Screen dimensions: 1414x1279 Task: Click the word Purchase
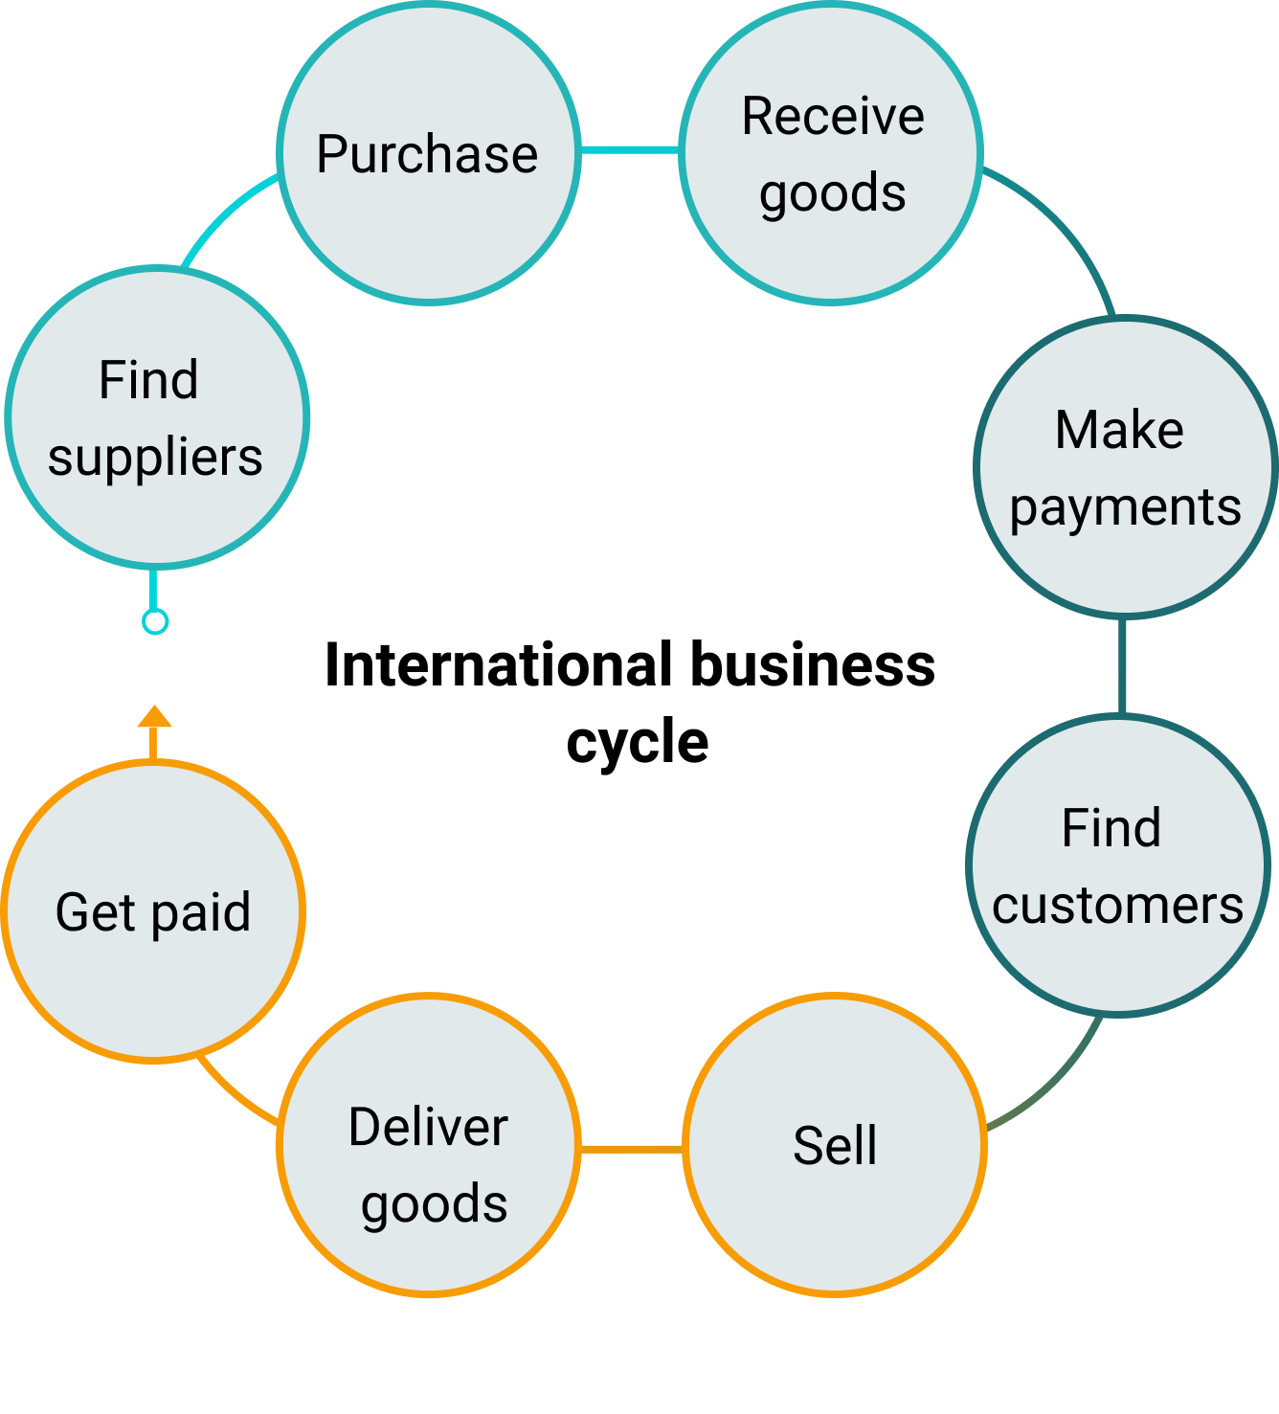pyautogui.click(x=427, y=155)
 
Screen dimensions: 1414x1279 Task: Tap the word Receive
pyautogui.click(x=833, y=117)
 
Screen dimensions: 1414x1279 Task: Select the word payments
pyautogui.click(x=1125, y=507)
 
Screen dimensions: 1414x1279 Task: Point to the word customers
pyautogui.click(x=1117, y=906)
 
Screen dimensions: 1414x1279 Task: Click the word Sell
pyautogui.click(x=835, y=1146)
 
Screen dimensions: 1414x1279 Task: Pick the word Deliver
pyautogui.click(x=428, y=1127)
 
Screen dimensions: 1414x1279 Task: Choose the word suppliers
pyautogui.click(x=155, y=458)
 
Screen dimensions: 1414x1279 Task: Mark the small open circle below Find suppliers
pyautogui.click(x=155, y=622)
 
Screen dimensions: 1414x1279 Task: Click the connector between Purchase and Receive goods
pyautogui.click(x=630, y=150)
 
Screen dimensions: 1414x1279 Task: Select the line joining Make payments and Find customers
pyautogui.click(x=1122, y=666)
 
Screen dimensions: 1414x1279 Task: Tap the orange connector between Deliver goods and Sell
pyautogui.click(x=632, y=1148)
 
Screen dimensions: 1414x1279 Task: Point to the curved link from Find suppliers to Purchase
pyautogui.click(x=226, y=213)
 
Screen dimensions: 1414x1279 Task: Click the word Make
pyautogui.click(x=1119, y=430)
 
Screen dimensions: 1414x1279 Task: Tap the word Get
pyautogui.click(x=96, y=912)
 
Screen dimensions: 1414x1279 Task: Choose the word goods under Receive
pyautogui.click(x=833, y=194)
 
